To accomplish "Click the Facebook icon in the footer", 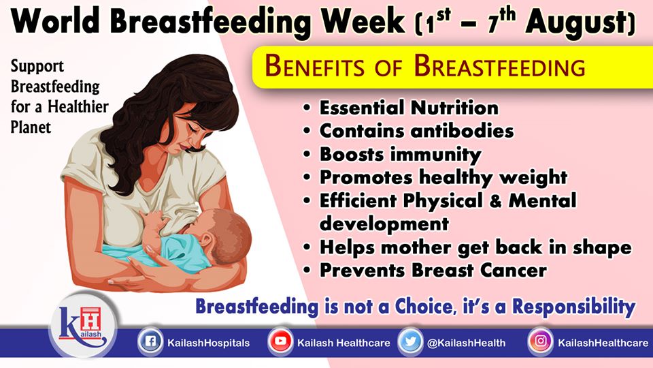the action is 150,341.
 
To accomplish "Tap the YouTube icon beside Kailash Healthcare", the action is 280,341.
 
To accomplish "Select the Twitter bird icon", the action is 410,341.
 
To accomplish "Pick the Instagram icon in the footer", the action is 540,341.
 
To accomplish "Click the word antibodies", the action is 463,131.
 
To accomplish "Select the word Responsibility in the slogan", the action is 574,307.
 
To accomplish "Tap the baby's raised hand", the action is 153,220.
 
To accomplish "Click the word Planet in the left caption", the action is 31,127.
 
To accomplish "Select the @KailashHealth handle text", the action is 466,343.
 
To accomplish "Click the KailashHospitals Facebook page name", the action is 208,343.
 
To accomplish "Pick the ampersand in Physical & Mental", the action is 496,200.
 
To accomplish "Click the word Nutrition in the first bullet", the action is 454,108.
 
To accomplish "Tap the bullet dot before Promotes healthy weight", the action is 307,177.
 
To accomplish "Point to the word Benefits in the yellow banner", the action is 314,67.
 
